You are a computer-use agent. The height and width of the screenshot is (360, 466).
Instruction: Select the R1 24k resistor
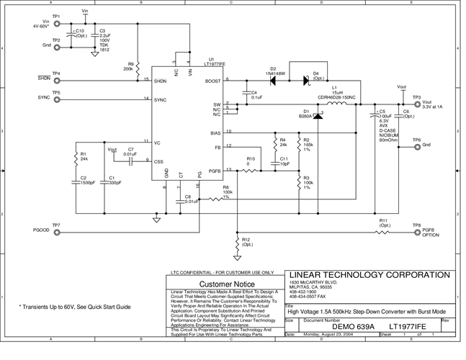(x=75, y=158)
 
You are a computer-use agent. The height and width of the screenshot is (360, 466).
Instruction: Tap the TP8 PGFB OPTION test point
(x=416, y=232)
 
